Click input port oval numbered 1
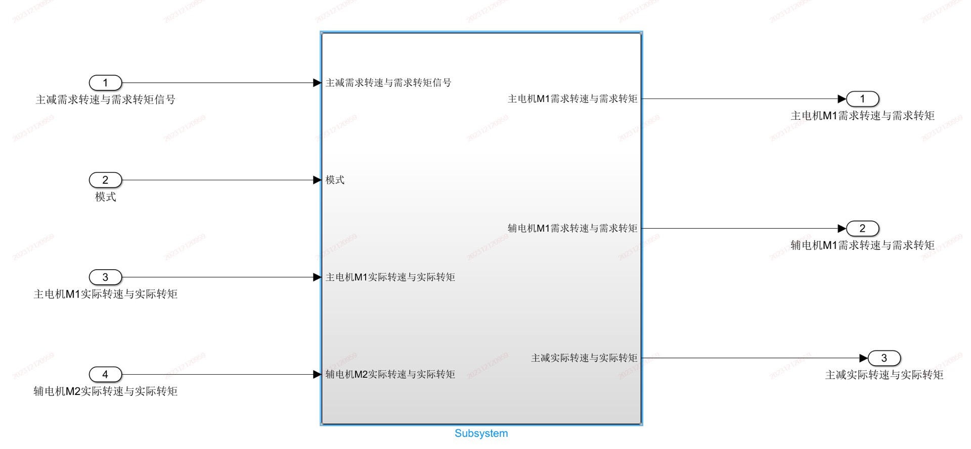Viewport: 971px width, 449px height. click(105, 83)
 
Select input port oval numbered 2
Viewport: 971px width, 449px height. click(105, 180)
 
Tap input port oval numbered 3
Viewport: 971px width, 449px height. click(105, 277)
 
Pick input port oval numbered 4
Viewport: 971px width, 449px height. click(105, 374)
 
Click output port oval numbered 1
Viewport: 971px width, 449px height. click(862, 99)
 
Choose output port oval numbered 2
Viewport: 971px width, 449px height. click(862, 228)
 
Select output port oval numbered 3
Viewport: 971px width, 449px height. click(884, 358)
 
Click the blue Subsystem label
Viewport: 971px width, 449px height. click(481, 433)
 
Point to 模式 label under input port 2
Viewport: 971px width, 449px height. click(105, 197)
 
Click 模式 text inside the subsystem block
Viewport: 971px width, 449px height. click(335, 180)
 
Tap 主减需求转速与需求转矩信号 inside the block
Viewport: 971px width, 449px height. click(388, 83)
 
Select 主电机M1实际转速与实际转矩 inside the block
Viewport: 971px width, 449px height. click(390, 277)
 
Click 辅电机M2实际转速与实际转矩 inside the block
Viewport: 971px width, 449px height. click(390, 374)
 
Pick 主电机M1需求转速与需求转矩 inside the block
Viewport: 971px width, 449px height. click(572, 99)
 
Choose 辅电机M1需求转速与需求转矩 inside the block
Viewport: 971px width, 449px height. click(572, 228)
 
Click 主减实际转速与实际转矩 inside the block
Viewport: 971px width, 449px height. click(584, 358)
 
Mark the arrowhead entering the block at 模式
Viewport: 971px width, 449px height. click(317, 180)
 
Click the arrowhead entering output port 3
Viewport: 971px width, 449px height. click(863, 358)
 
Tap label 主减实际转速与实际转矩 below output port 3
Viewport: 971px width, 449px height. click(884, 375)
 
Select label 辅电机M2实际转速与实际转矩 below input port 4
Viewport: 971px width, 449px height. click(105, 391)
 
